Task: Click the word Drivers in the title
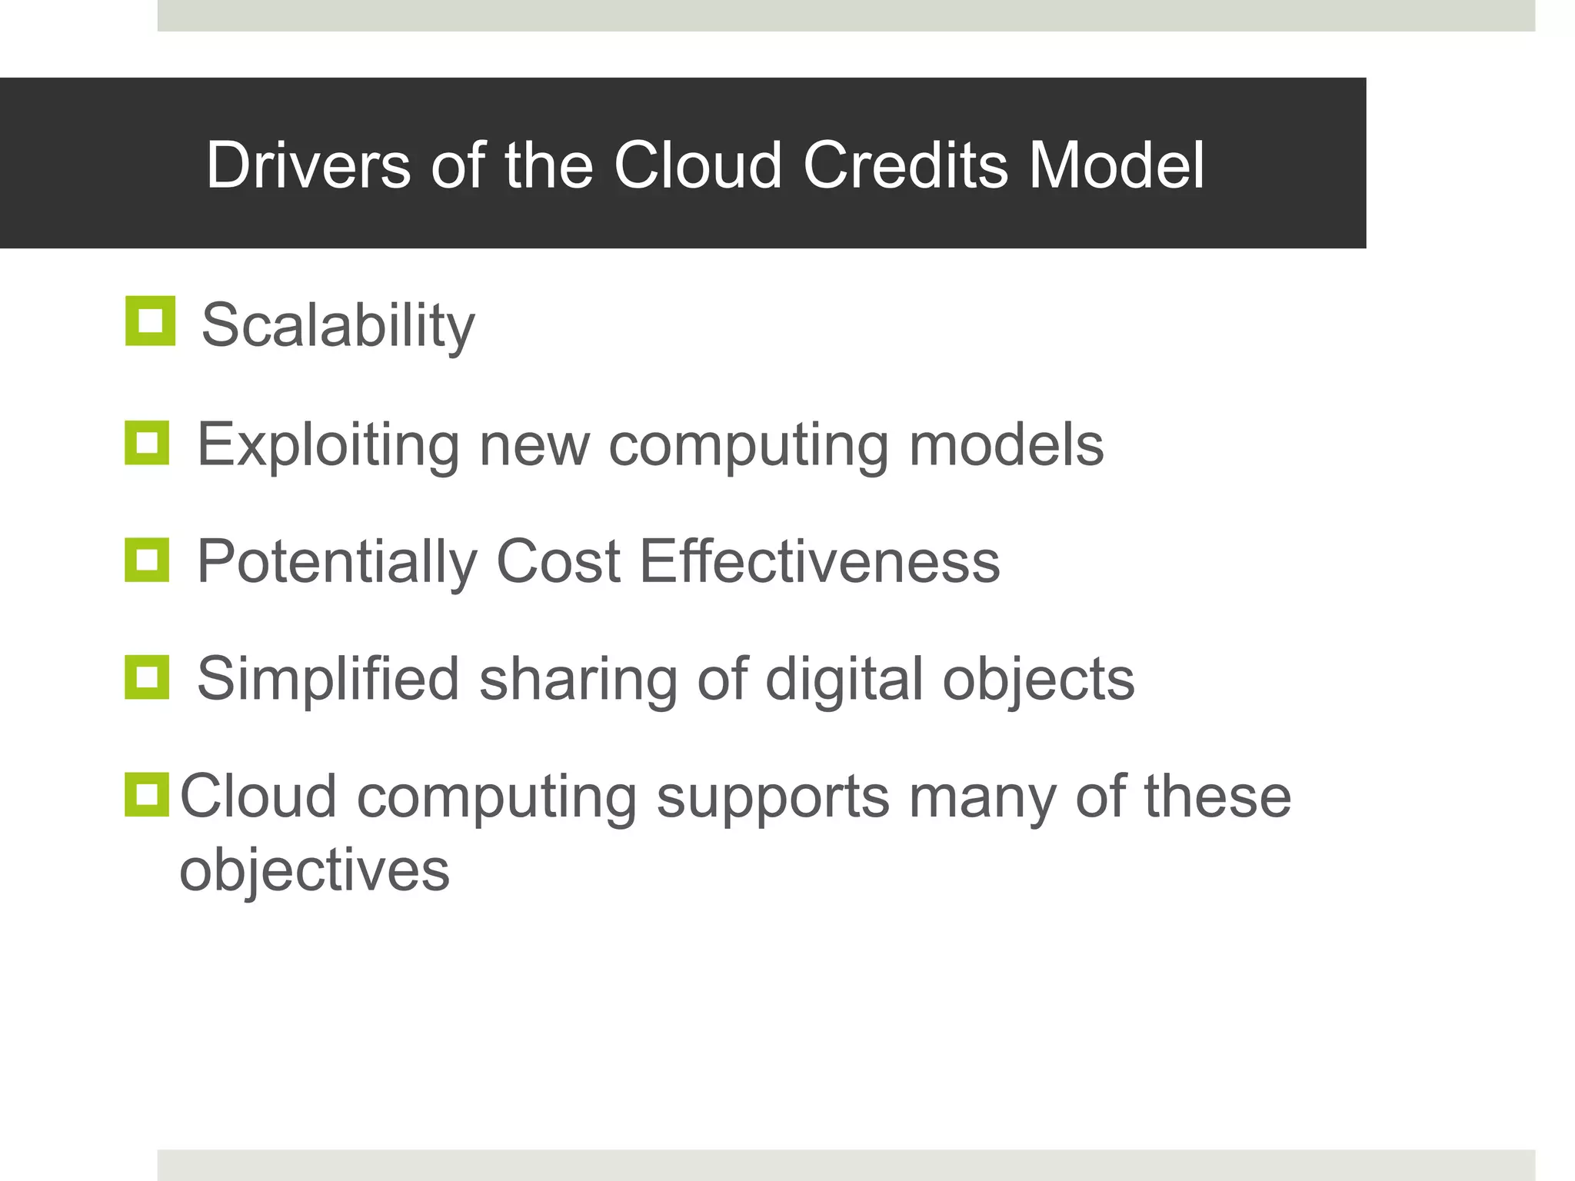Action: pos(308,165)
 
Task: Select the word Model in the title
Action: pos(1117,165)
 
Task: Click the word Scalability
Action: pos(338,326)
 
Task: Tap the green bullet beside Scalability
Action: pos(150,321)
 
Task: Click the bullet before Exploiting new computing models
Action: pos(147,443)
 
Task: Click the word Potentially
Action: pos(337,562)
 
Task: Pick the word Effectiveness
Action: pos(820,562)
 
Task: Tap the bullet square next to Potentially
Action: pos(147,560)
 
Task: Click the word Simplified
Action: pos(328,679)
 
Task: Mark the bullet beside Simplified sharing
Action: pos(147,677)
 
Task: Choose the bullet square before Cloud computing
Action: pos(147,794)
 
